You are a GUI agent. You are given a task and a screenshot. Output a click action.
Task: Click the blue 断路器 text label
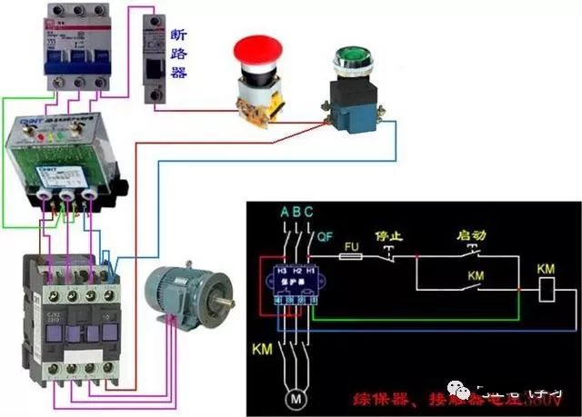click(178, 53)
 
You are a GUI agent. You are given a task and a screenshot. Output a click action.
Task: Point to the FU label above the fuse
click(352, 245)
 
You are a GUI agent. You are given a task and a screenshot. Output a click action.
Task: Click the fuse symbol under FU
click(354, 258)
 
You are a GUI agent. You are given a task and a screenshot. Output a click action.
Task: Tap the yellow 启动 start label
click(472, 234)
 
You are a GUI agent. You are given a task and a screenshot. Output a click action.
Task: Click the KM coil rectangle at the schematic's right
click(547, 290)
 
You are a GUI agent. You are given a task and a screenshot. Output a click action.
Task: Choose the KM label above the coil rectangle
click(546, 269)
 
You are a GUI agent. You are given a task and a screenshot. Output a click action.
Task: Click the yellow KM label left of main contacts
click(261, 348)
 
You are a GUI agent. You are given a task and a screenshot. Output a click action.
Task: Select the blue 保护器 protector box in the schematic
click(292, 284)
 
